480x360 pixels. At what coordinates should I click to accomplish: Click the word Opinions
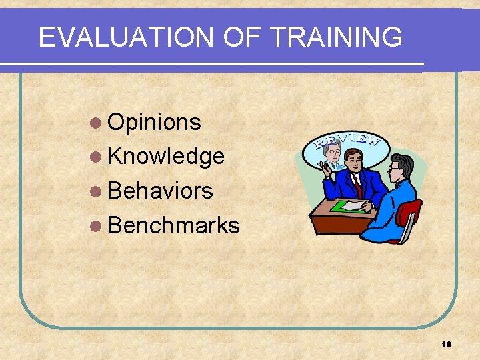pyautogui.click(x=154, y=122)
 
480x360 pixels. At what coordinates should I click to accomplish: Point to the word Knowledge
pyautogui.click(x=165, y=157)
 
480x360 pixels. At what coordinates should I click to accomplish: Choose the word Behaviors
pyautogui.click(x=160, y=191)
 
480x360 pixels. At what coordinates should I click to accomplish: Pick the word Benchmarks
pyautogui.click(x=173, y=226)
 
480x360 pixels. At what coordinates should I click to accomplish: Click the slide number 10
pyautogui.click(x=446, y=344)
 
